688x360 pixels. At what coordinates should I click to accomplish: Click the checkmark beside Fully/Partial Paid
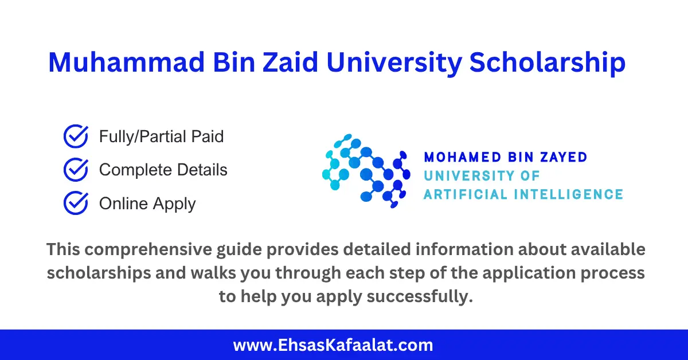point(75,137)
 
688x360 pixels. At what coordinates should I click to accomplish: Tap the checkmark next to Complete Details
point(75,170)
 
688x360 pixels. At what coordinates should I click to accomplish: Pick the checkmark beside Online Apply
point(75,203)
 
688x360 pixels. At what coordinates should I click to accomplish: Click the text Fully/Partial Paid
point(161,137)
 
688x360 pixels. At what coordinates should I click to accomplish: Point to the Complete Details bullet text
point(163,170)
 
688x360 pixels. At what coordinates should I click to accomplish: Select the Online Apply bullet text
point(147,204)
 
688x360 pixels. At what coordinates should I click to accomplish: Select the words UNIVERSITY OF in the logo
point(482,175)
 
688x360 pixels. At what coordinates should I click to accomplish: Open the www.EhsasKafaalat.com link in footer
point(333,345)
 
